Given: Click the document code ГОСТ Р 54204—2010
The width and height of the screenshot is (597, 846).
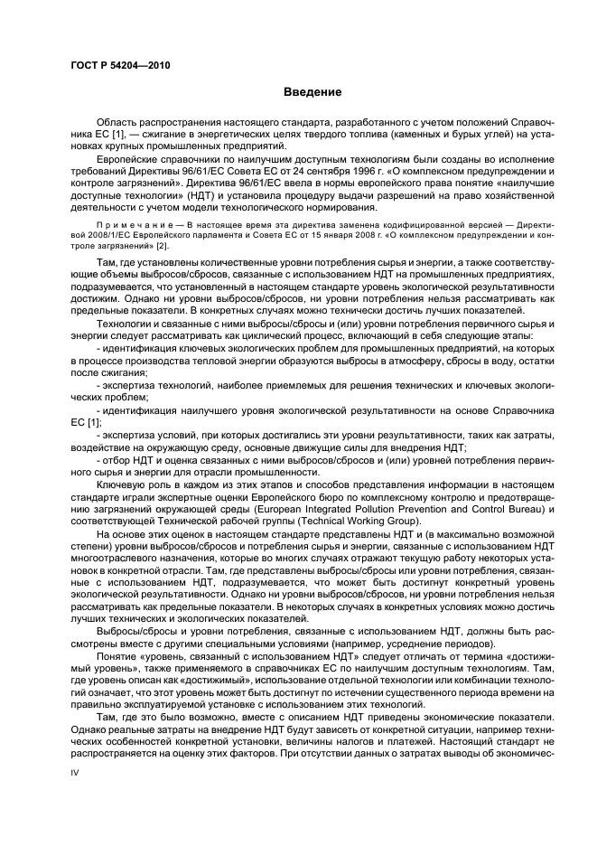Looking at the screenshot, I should pos(120,66).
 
